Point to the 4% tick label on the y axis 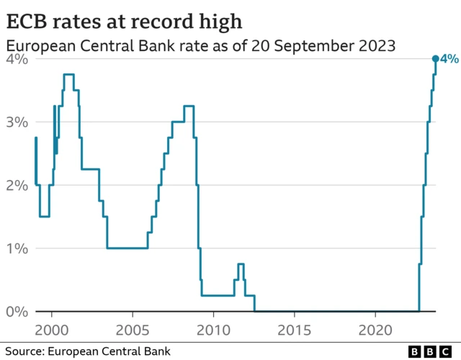click(17, 59)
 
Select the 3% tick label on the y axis click(17, 122)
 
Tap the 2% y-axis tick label click(17, 185)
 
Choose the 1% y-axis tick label click(17, 248)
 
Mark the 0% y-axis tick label click(17, 312)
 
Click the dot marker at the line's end click(435, 59)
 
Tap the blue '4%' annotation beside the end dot click(449, 59)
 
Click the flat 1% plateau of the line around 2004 click(127, 248)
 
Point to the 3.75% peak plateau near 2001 click(69, 74)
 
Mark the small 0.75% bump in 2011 click(241, 264)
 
